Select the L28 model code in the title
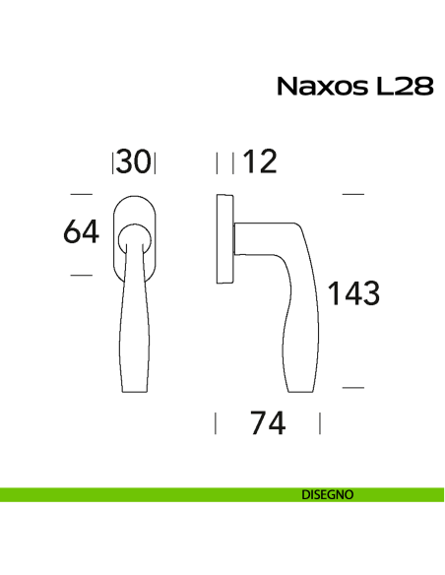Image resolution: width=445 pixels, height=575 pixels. (x=404, y=87)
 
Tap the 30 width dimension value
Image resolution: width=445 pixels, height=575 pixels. (x=136, y=161)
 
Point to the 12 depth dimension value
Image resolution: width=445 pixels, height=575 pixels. (x=260, y=161)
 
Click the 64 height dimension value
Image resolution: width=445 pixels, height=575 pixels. (x=82, y=232)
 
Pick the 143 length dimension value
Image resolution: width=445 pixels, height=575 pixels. (x=353, y=292)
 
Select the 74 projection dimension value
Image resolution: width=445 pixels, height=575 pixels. (x=268, y=423)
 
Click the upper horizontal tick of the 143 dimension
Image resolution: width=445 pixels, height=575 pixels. (x=352, y=193)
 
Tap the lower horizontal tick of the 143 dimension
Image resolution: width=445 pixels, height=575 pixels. (x=352, y=388)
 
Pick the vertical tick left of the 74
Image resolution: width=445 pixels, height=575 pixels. (x=216, y=423)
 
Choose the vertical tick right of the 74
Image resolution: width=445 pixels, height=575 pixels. (x=320, y=423)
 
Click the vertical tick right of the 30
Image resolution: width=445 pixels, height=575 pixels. (x=156, y=161)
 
